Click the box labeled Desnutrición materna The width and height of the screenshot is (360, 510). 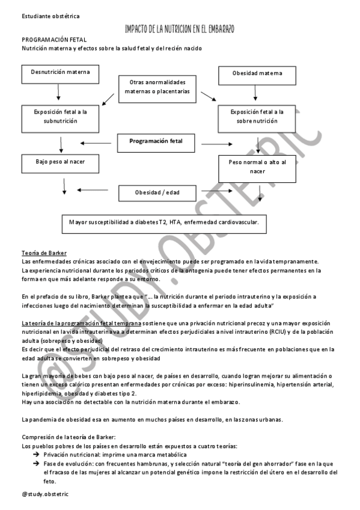coord(61,73)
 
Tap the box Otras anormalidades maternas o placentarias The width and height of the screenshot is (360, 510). coord(157,87)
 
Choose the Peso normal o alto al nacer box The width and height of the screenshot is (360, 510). coord(257,167)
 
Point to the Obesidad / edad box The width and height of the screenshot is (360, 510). coord(157,193)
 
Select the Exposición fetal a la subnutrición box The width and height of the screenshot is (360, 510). coord(61,116)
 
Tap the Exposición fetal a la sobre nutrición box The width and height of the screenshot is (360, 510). coord(257,116)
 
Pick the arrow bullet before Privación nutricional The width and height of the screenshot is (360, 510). coord(36,456)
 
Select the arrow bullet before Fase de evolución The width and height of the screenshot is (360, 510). coord(36,464)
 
